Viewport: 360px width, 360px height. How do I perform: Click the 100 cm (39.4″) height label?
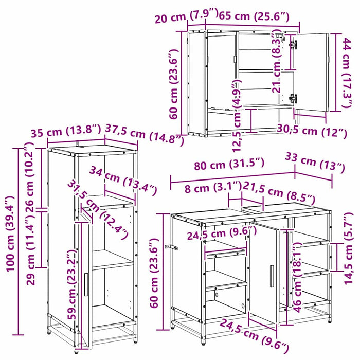pos(10,233)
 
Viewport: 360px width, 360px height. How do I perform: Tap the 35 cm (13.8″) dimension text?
pos(66,132)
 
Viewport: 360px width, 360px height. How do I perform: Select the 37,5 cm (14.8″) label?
pos(145,135)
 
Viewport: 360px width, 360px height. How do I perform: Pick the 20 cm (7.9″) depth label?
pos(186,15)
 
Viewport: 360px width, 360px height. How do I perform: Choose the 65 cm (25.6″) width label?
pos(254,16)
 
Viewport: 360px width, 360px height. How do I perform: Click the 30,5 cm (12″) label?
pos(312,131)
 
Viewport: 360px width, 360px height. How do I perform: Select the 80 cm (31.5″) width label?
pos(229,164)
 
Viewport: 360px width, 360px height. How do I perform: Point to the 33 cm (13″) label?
pos(315,163)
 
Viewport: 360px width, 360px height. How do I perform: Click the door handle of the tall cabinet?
pos(86,285)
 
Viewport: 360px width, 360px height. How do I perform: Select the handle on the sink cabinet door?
pos(272,276)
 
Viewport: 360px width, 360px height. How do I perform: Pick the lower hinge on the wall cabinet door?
pos(293,98)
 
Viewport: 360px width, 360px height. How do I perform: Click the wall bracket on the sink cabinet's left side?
pos(171,247)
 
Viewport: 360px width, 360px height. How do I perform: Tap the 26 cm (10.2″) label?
pos(30,176)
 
